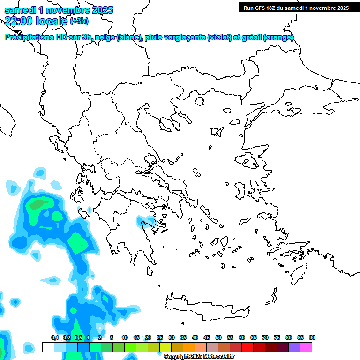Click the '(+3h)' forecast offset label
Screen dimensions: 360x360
(x=79, y=21)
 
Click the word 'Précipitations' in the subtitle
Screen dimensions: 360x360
(x=28, y=37)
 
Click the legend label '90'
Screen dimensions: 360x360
(x=312, y=337)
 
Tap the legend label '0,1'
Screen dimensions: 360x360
(x=55, y=337)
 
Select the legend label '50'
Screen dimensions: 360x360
(x=218, y=337)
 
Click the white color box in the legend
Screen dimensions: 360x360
(x=48, y=347)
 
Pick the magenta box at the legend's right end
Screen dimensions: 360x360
(x=306, y=347)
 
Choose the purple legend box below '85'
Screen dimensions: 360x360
(x=294, y=347)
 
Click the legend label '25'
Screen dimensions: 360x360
(x=160, y=337)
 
